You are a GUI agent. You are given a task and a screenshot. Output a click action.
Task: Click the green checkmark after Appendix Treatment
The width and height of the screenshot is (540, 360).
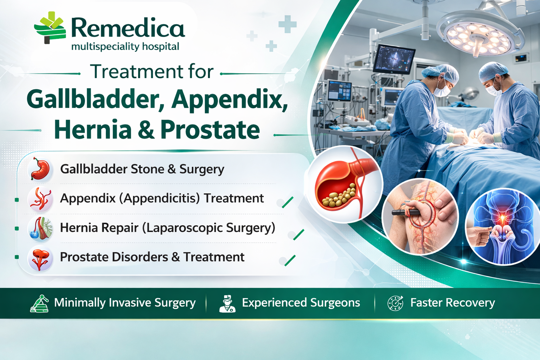click(x=288, y=202)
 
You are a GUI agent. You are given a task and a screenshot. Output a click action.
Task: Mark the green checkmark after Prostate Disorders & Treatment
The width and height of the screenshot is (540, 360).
click(x=290, y=261)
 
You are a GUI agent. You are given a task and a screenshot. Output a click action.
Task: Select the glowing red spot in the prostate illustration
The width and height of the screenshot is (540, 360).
click(x=502, y=218)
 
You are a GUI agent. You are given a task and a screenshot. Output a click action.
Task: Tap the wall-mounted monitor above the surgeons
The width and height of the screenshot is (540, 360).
click(x=394, y=59)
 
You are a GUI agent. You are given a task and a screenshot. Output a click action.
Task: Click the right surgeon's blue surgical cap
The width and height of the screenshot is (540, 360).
click(x=493, y=71)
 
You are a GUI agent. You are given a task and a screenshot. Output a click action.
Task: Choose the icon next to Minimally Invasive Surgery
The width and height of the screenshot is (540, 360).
click(x=39, y=303)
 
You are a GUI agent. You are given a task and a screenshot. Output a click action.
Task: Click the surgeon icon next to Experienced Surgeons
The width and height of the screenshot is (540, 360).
click(x=227, y=304)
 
